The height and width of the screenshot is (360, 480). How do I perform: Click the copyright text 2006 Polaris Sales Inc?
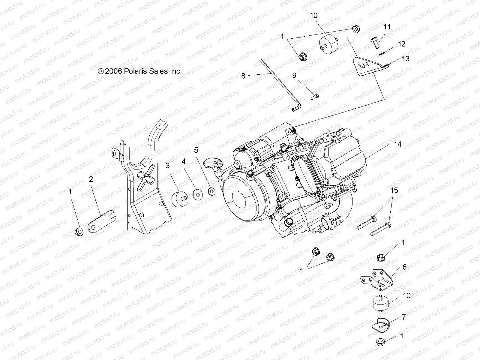click(x=144, y=71)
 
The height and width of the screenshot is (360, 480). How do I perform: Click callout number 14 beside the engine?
click(x=397, y=144)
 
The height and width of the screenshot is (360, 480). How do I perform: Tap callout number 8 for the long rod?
click(x=243, y=76)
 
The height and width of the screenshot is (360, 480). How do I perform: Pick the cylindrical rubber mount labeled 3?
click(x=179, y=199)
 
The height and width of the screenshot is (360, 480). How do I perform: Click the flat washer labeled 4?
click(x=197, y=194)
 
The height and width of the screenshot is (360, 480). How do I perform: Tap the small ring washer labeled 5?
click(x=211, y=190)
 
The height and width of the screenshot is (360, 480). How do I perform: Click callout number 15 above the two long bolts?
click(x=394, y=190)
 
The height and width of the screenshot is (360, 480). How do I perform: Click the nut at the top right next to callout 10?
click(x=355, y=29)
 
